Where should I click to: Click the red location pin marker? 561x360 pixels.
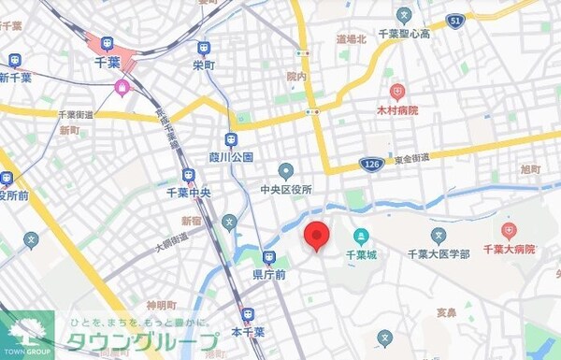[316, 237]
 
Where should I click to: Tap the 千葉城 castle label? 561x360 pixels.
[360, 253]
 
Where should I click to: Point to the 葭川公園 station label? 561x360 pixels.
[233, 157]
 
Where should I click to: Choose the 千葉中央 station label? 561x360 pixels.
[187, 193]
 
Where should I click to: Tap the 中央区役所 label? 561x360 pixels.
[286, 188]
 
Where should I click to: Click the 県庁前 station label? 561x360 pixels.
[269, 274]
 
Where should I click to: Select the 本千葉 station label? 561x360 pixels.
[248, 331]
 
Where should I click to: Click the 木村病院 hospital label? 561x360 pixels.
[398, 110]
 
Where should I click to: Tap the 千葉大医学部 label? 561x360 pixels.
[438, 253]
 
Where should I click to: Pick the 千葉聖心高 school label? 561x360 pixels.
[403, 34]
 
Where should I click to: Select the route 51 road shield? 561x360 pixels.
[455, 20]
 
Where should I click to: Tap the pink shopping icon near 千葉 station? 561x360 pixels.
[122, 88]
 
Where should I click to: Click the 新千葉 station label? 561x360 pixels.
[16, 78]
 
